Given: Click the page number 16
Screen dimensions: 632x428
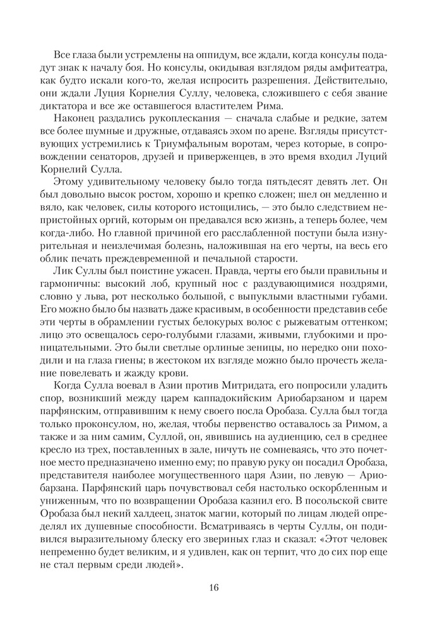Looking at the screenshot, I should point(213,587).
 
